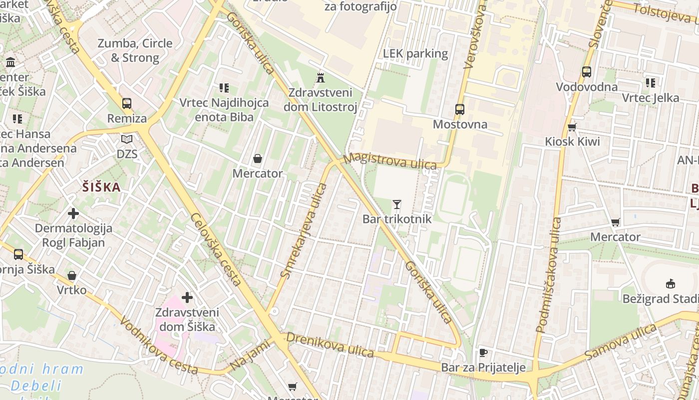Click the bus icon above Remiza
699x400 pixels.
[x=127, y=103]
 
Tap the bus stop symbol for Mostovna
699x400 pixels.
[x=460, y=109]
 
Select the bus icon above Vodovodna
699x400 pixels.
[x=587, y=72]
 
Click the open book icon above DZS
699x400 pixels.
[x=127, y=139]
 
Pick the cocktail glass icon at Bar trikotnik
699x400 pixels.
[x=397, y=204]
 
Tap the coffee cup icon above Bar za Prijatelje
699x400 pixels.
[x=483, y=352]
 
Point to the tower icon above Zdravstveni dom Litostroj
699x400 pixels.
[x=321, y=77]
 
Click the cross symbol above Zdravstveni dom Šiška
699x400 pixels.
[x=187, y=298]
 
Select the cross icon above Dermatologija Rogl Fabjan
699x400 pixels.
[x=73, y=213]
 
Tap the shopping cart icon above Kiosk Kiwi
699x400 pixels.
[x=572, y=127]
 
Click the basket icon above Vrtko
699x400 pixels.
[x=72, y=275]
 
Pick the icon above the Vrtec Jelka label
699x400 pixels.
[x=650, y=82]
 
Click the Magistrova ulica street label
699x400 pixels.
[x=390, y=160]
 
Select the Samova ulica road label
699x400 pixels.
[x=622, y=341]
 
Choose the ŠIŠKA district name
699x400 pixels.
[x=101, y=187]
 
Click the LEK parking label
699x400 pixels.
[x=415, y=53]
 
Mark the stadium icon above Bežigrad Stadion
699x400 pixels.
[x=671, y=284]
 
